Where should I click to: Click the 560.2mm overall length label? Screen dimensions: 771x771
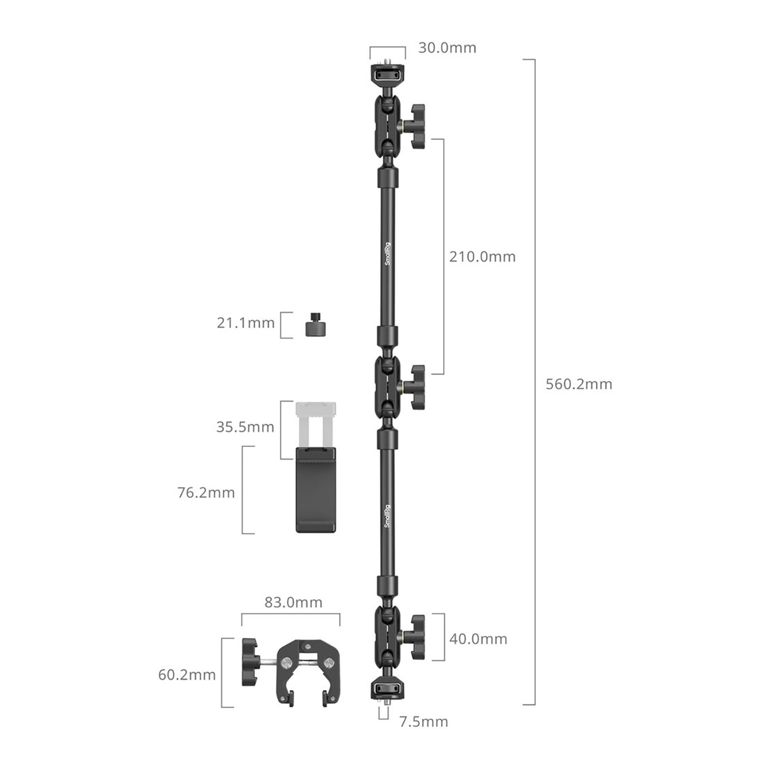point(579,384)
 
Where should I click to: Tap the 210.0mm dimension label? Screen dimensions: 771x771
point(482,256)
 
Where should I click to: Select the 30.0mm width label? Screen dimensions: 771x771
point(447,48)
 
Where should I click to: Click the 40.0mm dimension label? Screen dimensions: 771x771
point(478,638)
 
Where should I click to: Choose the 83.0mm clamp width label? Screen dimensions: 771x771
point(293,602)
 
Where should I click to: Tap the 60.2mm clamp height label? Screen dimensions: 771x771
point(187,675)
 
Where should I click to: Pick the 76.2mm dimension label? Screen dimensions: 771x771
point(206,492)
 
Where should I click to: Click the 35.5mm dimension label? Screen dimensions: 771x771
point(246,427)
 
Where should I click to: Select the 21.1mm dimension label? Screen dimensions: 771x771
point(246,322)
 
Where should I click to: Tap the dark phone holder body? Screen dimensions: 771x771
point(316,490)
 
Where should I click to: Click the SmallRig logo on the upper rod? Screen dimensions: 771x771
point(387,254)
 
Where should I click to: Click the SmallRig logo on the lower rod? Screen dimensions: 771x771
point(387,516)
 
